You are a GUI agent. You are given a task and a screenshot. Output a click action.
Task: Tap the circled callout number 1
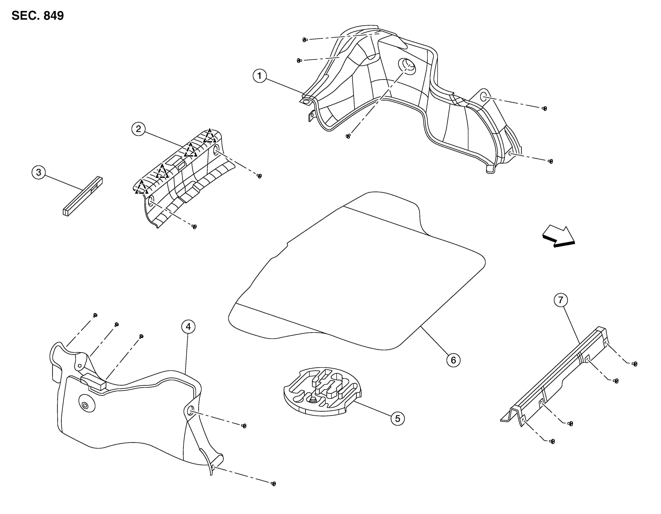259,76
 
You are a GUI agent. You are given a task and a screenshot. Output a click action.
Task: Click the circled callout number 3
38,172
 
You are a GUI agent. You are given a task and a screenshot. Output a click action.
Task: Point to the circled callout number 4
188,327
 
